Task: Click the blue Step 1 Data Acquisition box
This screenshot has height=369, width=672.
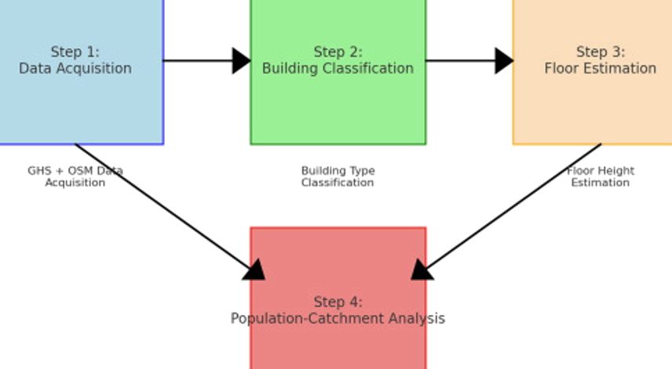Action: pyautogui.click(x=79, y=102)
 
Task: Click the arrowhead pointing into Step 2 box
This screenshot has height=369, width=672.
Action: pyautogui.click(x=241, y=60)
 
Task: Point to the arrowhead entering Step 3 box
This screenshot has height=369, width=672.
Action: pyautogui.click(x=503, y=60)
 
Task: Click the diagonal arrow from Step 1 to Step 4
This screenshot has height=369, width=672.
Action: pyautogui.click(x=165, y=208)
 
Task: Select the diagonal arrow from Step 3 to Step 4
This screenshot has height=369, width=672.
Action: pyautogui.click(x=510, y=208)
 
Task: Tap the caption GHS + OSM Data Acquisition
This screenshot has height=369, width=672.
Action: pyautogui.click(x=75, y=176)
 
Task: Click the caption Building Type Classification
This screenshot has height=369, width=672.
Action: pyautogui.click(x=338, y=176)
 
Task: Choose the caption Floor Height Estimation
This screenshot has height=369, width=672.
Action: pyautogui.click(x=601, y=176)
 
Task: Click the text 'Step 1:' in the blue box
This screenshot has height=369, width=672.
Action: pyautogui.click(x=75, y=52)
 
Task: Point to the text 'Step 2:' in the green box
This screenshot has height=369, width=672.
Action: pyautogui.click(x=338, y=52)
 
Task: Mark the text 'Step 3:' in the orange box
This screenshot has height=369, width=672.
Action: pyautogui.click(x=601, y=52)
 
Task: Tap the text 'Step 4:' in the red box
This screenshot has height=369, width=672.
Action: pyautogui.click(x=338, y=302)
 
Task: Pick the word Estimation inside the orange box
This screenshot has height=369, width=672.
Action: pyautogui.click(x=623, y=69)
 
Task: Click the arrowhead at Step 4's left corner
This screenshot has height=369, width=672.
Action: pyautogui.click(x=254, y=270)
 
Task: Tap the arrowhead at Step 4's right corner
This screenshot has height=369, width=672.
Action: pyautogui.click(x=422, y=270)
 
